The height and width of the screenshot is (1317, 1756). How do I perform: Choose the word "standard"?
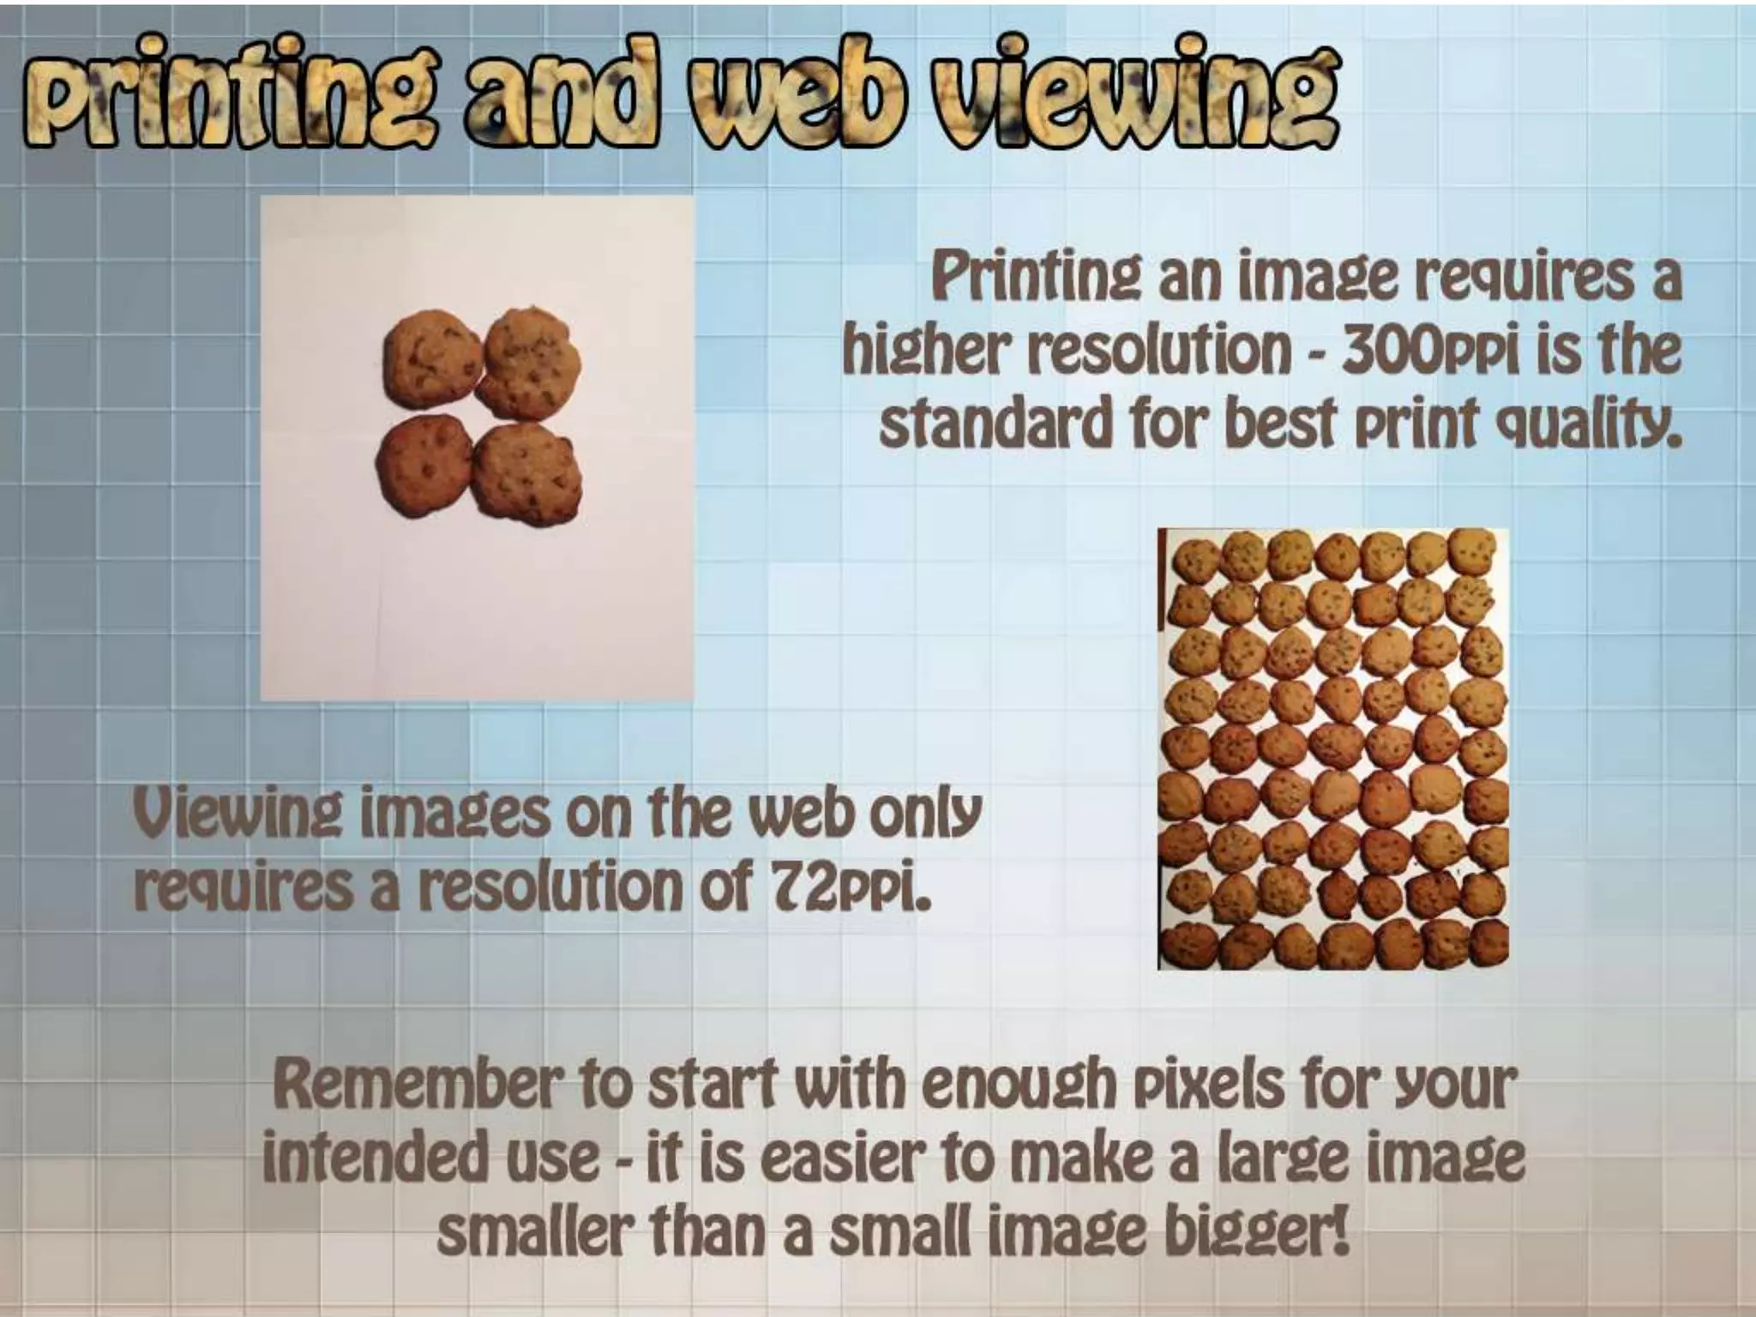pos(995,424)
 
